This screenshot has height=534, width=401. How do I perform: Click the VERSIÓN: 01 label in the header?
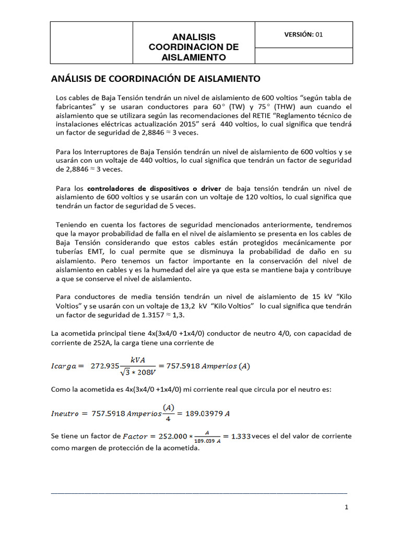[x=303, y=34]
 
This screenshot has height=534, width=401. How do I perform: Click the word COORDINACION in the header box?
[x=193, y=47]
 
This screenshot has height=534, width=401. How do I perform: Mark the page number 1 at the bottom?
[x=346, y=507]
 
